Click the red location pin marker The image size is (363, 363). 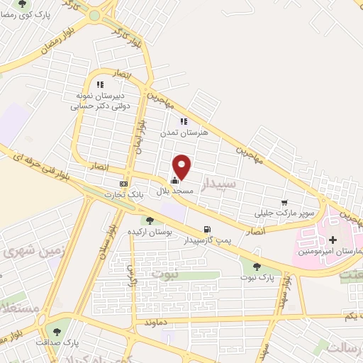pyautogui.click(x=182, y=166)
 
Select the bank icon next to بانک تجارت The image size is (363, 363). pyautogui.click(x=124, y=184)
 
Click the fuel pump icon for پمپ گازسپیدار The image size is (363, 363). pyautogui.click(x=206, y=229)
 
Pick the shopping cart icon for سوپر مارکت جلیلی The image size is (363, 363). pyautogui.click(x=285, y=202)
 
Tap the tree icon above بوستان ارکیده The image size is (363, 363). pyautogui.click(x=150, y=220)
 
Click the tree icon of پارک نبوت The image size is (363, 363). pyautogui.click(x=256, y=267)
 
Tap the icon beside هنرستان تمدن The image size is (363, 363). pyautogui.click(x=184, y=121)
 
